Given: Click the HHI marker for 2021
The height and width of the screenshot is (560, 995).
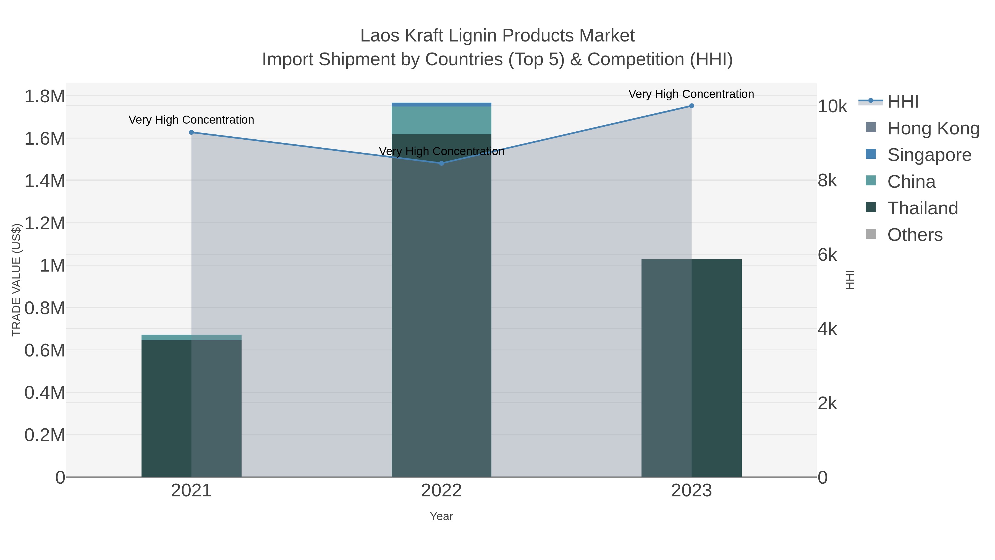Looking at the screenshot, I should [191, 132].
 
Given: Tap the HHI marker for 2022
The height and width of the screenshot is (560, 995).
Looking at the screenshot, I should [441, 163].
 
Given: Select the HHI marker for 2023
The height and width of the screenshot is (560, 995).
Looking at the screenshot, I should [692, 106].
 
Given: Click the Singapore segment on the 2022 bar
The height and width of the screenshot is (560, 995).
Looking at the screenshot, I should [441, 104].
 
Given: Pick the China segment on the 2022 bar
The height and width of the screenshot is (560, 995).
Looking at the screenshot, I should [441, 120].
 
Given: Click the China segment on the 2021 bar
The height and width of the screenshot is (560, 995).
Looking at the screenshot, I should [191, 337].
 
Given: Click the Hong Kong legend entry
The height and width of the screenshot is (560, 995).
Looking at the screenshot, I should [933, 128].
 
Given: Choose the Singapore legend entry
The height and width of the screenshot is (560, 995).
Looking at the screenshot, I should [929, 155].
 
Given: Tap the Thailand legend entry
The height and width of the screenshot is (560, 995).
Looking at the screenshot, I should [922, 208].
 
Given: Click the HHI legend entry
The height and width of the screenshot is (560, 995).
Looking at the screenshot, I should [902, 102].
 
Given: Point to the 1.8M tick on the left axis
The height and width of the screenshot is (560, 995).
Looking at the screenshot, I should [45, 96].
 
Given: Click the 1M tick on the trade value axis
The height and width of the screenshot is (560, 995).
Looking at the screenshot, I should [53, 265].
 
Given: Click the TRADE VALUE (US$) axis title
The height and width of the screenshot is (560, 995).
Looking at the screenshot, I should [16, 280].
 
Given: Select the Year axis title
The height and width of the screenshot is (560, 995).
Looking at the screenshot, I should [441, 516].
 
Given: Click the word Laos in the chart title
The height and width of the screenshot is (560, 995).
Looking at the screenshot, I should [380, 36].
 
